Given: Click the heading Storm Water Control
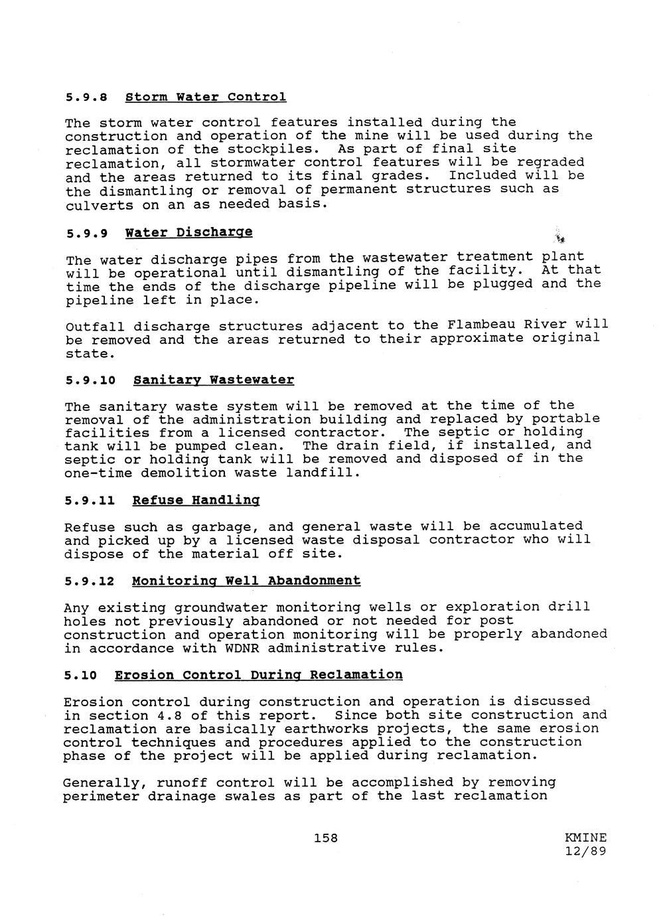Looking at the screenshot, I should pyautogui.click(x=206, y=98).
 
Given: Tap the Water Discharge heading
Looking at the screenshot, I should pyautogui.click(x=188, y=233).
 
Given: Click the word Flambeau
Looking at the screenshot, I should pyautogui.click(x=481, y=325).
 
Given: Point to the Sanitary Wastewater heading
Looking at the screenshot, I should pyautogui.click(x=213, y=380).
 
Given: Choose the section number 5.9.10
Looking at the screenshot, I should pyautogui.click(x=90, y=380).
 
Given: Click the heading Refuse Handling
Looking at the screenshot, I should pyautogui.click(x=195, y=500).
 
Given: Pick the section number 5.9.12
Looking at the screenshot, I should pyautogui.click(x=90, y=581).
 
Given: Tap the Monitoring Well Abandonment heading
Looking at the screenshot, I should pyautogui.click(x=246, y=581).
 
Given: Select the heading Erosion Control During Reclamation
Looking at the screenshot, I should pyautogui.click(x=258, y=675).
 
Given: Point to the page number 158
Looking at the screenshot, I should pyautogui.click(x=326, y=838).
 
